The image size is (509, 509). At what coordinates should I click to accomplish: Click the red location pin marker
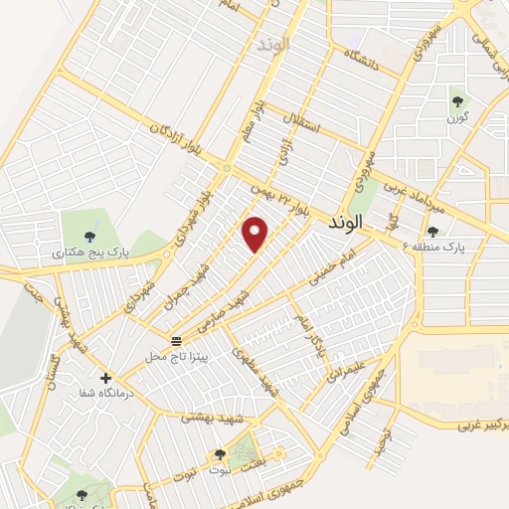click(255, 233)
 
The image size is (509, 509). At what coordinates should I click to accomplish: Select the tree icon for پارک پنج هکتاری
click(90, 236)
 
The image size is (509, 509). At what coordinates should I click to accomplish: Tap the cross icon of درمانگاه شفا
click(105, 378)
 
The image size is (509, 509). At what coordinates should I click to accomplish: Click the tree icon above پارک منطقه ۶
click(433, 231)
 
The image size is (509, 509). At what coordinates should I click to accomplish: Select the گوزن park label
click(457, 118)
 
